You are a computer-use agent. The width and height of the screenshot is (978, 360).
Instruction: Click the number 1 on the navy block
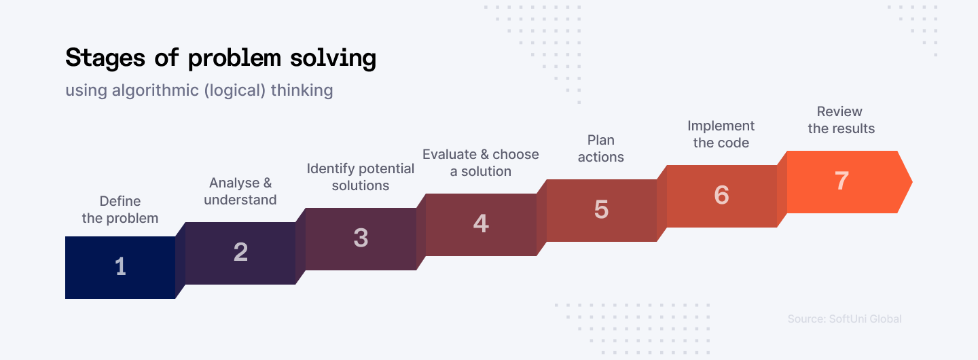tap(120, 267)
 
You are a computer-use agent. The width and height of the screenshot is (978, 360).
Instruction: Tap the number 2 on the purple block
tap(240, 253)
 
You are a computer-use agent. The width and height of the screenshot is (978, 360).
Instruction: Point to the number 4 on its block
tap(481, 224)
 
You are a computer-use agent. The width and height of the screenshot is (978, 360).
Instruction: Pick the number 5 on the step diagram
tap(601, 210)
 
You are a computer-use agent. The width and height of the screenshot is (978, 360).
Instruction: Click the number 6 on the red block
tap(721, 196)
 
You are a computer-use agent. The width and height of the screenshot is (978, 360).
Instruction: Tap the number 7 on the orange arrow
tap(841, 181)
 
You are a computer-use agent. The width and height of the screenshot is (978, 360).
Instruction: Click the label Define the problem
tap(120, 209)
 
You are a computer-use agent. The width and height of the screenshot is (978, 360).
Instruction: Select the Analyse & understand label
tap(240, 191)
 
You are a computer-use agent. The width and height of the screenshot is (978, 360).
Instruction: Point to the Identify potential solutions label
tap(361, 177)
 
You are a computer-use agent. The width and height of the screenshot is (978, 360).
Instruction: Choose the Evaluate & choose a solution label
tap(481, 162)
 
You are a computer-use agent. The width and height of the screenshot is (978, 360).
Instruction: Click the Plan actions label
tap(601, 148)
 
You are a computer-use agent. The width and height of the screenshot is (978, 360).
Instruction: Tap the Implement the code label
tap(721, 134)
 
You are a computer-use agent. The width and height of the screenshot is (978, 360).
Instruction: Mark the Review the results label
tap(841, 120)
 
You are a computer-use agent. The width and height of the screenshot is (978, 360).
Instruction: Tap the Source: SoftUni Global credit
tap(844, 319)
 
